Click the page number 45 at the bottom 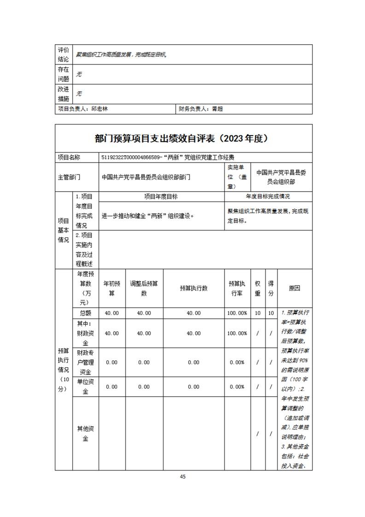pos(183,477)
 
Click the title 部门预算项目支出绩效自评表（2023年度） pos(182,138)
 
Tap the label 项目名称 pos(69,157)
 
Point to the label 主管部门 pos(69,176)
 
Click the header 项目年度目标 pos(161,196)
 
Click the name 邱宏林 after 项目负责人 pos(100,109)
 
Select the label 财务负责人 pos(193,109)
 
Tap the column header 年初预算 pos(112,288)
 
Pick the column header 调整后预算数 pos(144,288)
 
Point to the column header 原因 pos(295,288)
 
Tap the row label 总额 pos(85,313)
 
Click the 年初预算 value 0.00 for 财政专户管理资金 pos(112,362)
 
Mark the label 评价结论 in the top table pos(64,54)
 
